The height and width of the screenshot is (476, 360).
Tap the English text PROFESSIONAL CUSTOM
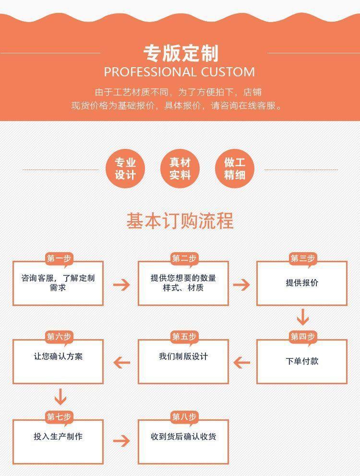click(x=180, y=73)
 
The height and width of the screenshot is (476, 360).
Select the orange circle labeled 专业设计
click(x=125, y=169)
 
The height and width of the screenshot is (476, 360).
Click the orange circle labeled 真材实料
click(x=180, y=169)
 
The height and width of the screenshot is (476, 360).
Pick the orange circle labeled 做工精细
click(x=235, y=169)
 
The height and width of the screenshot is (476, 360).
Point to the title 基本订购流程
click(x=180, y=221)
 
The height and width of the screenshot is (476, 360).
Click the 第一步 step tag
click(x=59, y=259)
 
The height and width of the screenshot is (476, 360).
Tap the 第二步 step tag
click(x=184, y=259)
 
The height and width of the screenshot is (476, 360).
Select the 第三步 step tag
click(x=302, y=259)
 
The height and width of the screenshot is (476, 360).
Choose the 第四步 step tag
click(x=302, y=337)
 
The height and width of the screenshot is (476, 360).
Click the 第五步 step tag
click(x=184, y=337)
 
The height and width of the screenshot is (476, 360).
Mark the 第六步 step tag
click(x=59, y=337)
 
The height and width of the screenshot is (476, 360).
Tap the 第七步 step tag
click(x=59, y=416)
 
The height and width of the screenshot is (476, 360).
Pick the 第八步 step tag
click(x=184, y=416)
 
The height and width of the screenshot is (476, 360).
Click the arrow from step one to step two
click(x=121, y=284)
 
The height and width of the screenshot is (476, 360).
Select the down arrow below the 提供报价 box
click(x=302, y=317)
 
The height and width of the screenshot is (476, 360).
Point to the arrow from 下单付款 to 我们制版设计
click(x=241, y=362)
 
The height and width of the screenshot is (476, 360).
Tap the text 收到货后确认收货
click(x=183, y=437)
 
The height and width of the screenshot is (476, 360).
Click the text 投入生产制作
click(x=58, y=437)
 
